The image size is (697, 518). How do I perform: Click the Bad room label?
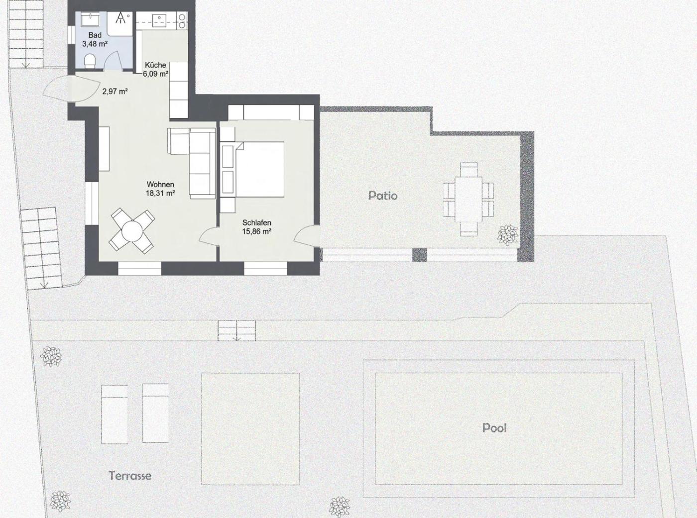click(x=95, y=35)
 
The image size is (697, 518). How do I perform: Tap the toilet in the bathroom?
click(x=91, y=61)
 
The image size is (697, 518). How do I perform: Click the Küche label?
click(x=155, y=65)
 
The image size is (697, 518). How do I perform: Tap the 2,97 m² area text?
click(x=115, y=92)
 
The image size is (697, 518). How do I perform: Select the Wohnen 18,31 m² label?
click(x=160, y=189)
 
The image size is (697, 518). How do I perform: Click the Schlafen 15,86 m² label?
click(x=257, y=227)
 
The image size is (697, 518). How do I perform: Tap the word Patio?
click(x=383, y=196)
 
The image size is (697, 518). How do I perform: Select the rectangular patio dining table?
click(x=468, y=199)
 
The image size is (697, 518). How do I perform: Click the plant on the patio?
click(x=507, y=235)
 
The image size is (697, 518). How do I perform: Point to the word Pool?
click(x=494, y=428)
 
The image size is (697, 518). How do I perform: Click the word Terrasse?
click(x=130, y=475)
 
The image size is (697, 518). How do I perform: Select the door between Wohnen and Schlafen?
click(x=208, y=236)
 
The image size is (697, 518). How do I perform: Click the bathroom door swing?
click(x=113, y=59)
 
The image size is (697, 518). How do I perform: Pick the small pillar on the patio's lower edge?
click(x=420, y=255)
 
